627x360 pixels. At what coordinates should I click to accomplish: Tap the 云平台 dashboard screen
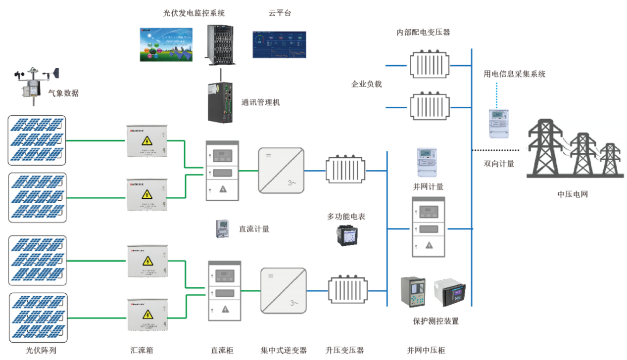tap(279, 45)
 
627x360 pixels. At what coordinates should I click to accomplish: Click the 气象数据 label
tap(63, 92)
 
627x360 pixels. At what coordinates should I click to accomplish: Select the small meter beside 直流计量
tap(222, 229)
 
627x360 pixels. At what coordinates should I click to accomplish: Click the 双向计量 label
tap(499, 163)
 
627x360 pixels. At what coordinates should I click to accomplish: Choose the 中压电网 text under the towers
tap(573, 194)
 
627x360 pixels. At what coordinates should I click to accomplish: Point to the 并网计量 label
tap(428, 187)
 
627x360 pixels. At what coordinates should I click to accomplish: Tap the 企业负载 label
tap(367, 84)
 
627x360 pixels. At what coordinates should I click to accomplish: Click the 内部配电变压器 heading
tap(424, 32)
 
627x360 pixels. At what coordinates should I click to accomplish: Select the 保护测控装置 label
tap(435, 321)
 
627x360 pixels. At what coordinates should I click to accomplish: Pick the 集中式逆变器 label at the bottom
tap(284, 350)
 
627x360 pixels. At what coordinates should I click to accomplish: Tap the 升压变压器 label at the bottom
tap(344, 350)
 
